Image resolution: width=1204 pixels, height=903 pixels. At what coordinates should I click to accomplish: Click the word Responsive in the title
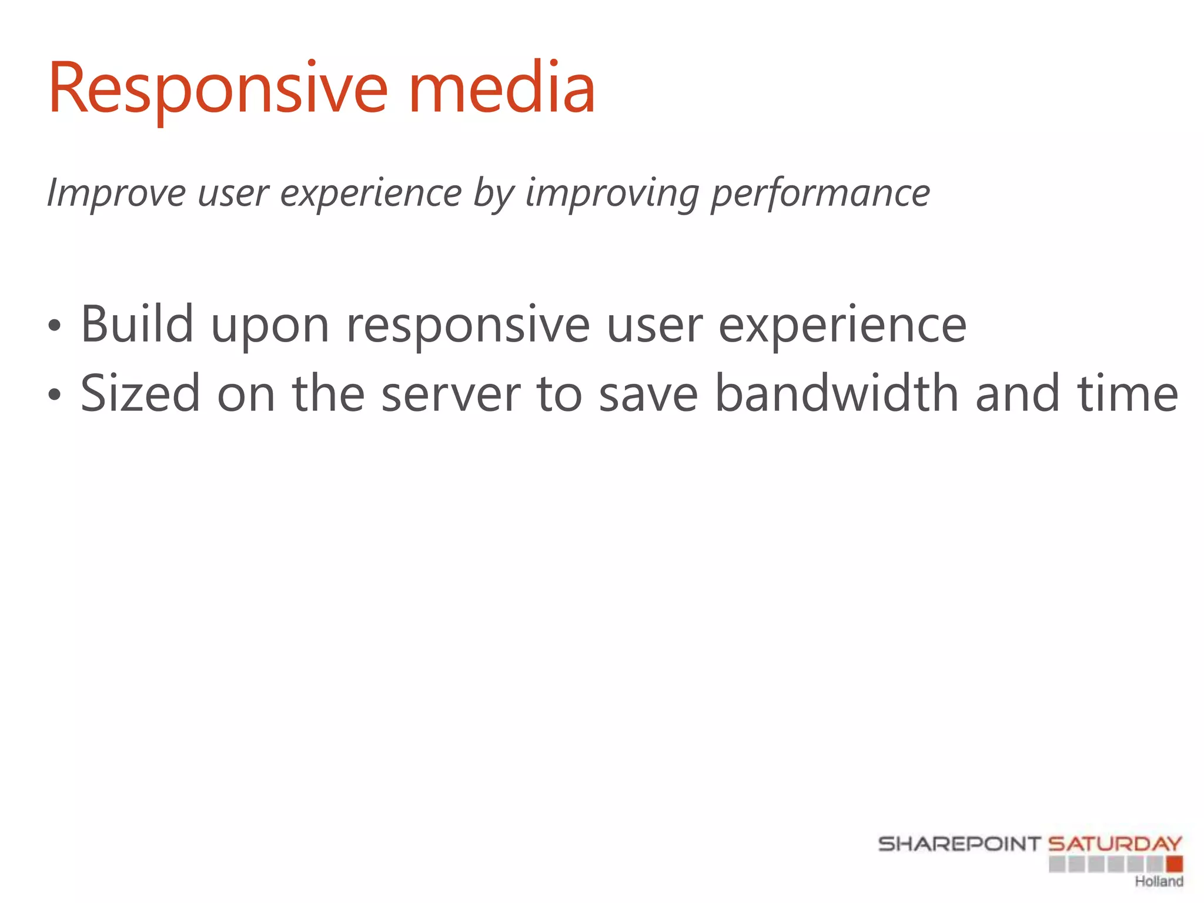[x=218, y=89]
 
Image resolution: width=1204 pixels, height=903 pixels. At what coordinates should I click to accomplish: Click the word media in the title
[x=501, y=89]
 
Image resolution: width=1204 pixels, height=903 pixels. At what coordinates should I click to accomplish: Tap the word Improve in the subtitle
[x=116, y=193]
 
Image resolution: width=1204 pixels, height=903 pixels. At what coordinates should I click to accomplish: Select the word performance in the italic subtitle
[x=820, y=193]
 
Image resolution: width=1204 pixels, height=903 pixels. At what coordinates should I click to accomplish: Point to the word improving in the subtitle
[x=612, y=193]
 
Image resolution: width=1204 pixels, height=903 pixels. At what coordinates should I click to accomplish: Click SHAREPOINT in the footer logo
[x=959, y=844]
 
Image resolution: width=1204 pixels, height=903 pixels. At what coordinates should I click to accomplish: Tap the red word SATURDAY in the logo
[x=1115, y=844]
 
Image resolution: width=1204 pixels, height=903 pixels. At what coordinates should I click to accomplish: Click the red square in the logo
[x=1175, y=864]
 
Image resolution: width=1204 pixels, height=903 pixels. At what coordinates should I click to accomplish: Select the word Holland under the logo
[x=1158, y=881]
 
